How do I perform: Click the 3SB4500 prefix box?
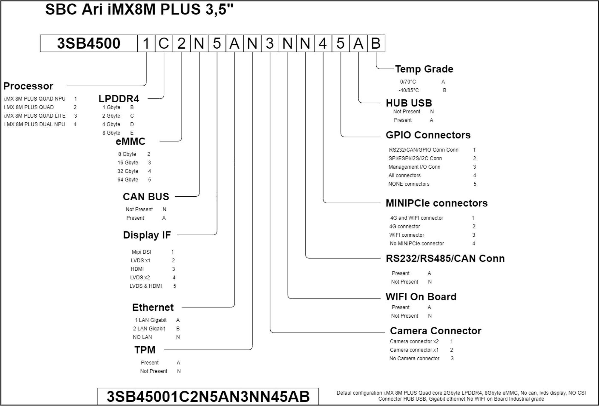(89, 43)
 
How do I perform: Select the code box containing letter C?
(164, 43)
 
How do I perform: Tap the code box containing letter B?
(376, 43)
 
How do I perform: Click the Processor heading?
(28, 86)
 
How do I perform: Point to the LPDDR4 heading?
(119, 99)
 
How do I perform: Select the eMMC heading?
(130, 141)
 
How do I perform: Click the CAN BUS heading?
(146, 197)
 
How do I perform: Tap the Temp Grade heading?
(424, 69)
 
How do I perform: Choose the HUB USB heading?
(409, 103)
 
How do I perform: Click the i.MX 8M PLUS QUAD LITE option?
(35, 116)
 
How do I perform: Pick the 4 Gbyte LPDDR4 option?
(111, 124)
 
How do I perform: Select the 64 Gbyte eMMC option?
(128, 180)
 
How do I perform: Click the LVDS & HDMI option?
(146, 286)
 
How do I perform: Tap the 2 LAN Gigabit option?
(149, 328)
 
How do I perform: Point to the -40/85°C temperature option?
(409, 90)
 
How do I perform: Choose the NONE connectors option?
(409, 184)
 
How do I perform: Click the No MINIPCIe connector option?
(417, 244)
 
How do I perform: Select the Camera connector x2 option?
(414, 341)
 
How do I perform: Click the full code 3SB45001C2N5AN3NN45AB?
(208, 396)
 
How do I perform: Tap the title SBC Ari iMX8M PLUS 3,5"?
(139, 10)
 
